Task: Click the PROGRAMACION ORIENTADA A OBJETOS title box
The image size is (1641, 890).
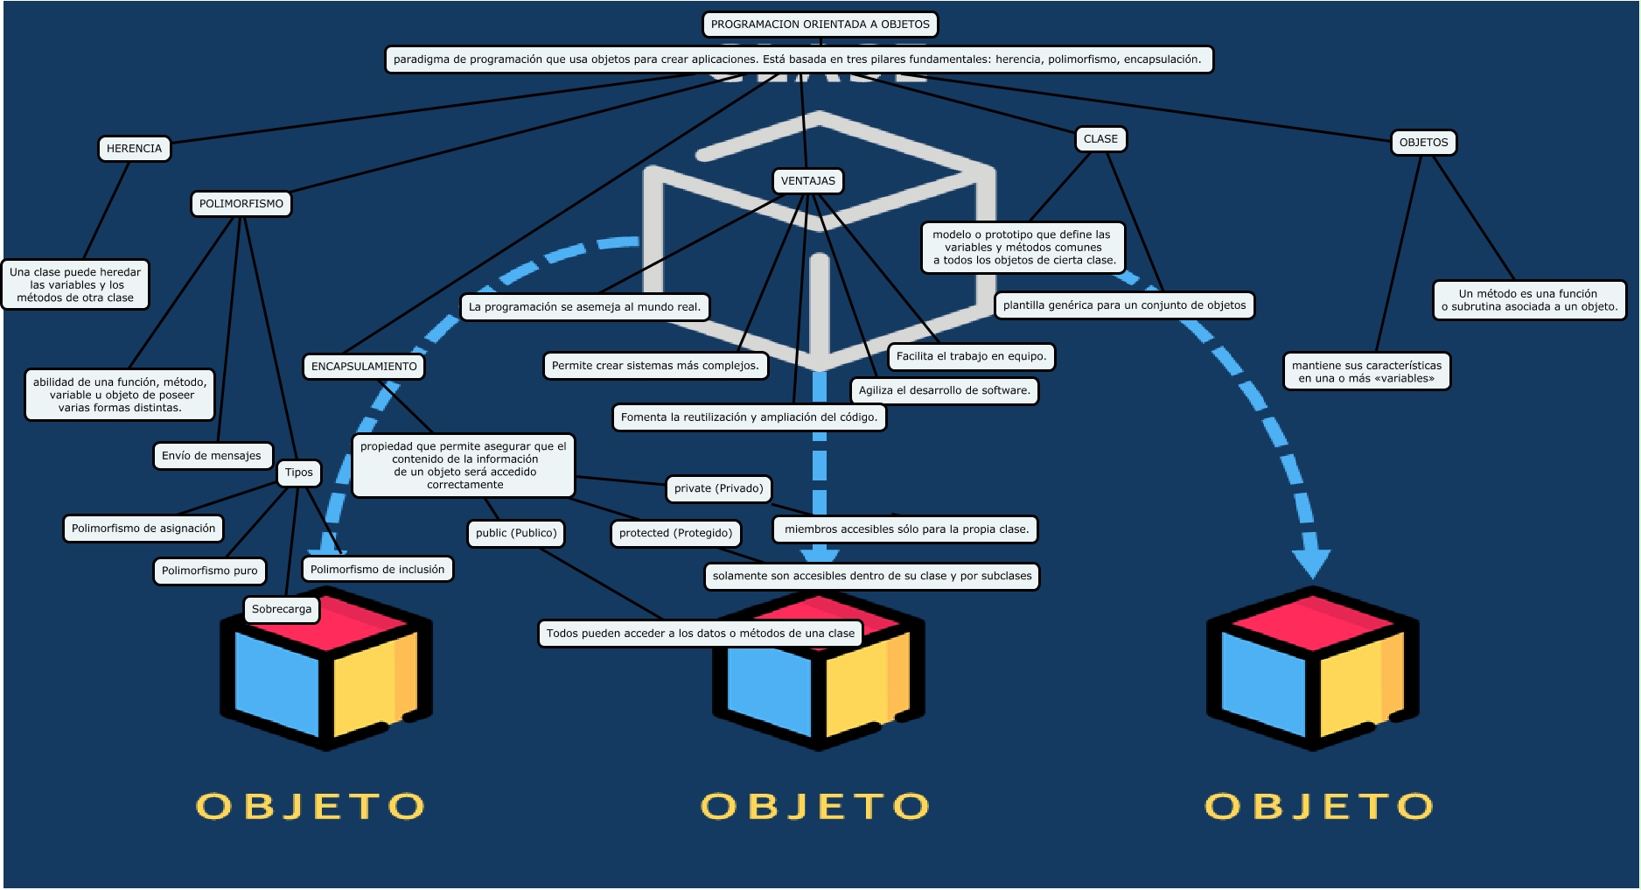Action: tap(820, 25)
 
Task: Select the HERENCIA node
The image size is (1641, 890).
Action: tap(134, 149)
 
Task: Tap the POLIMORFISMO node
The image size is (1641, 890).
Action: tap(241, 204)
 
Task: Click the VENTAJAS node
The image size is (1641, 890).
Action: tap(808, 181)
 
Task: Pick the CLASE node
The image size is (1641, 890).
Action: tap(1100, 139)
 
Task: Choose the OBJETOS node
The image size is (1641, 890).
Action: tap(1423, 143)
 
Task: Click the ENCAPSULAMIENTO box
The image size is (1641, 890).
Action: tap(364, 367)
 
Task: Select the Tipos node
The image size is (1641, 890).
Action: tap(299, 473)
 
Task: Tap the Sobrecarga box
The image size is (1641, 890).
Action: tap(282, 609)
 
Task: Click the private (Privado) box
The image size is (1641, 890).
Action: tap(719, 488)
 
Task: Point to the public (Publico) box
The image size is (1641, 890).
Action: tap(516, 533)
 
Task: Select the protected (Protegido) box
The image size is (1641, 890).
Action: tap(676, 533)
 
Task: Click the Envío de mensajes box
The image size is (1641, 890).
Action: tap(212, 456)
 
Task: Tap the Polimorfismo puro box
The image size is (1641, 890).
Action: tap(210, 571)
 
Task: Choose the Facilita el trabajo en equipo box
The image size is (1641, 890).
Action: tap(971, 356)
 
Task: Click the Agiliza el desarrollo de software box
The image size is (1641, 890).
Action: tap(945, 390)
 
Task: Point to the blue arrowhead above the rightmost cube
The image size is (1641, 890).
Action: tap(1312, 564)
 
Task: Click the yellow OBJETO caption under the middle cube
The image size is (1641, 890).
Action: tap(815, 806)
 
